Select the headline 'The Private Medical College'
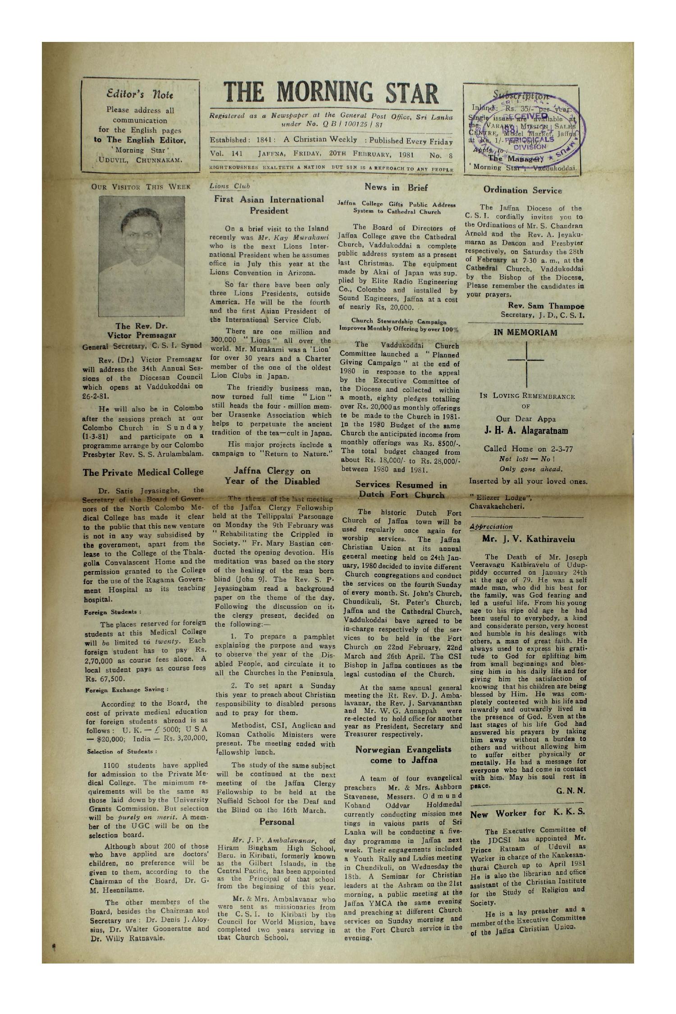(x=143, y=473)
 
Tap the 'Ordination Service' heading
(x=522, y=191)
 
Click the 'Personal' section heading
(x=276, y=822)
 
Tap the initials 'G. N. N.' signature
(x=571, y=791)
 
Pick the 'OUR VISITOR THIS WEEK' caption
(x=142, y=187)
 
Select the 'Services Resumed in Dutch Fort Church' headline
(x=401, y=490)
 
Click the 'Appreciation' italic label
(x=491, y=526)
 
